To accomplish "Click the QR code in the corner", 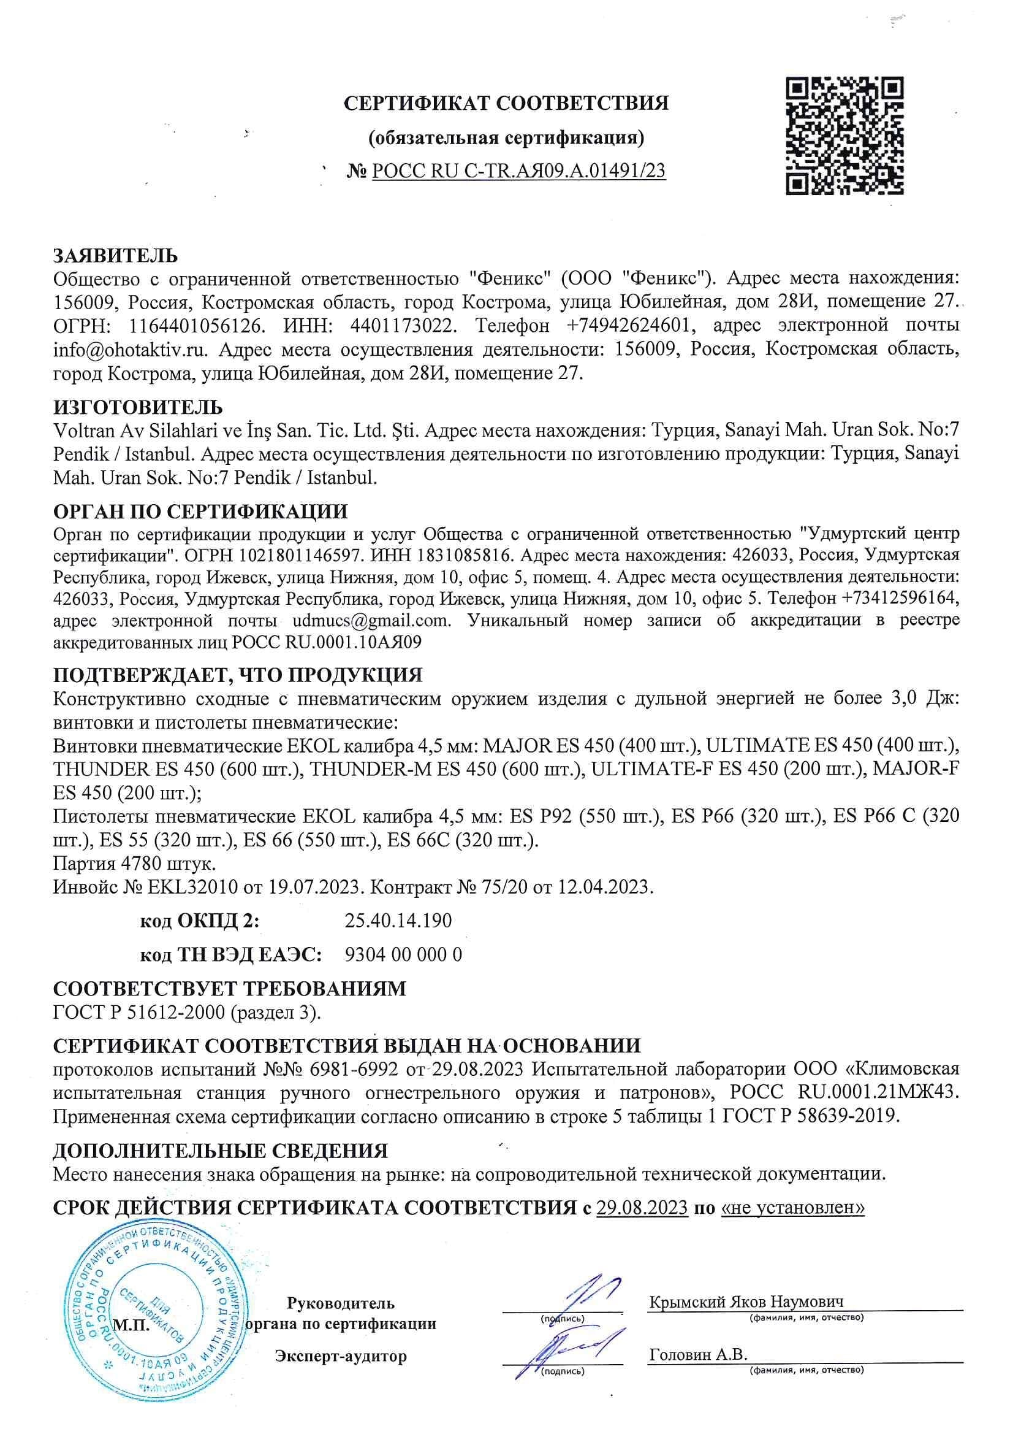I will pyautogui.click(x=844, y=136).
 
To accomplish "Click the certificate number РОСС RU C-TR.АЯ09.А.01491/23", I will pyautogui.click(x=518, y=171).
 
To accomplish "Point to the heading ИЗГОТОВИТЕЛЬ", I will pyautogui.click(x=138, y=408).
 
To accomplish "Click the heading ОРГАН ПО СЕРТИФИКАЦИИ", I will pyautogui.click(x=200, y=512).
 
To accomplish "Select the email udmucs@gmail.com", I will pyautogui.click(x=371, y=621).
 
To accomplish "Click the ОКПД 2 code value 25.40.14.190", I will pyautogui.click(x=398, y=921).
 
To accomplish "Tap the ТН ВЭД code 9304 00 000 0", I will pyautogui.click(x=403, y=954).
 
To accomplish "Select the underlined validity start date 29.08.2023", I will pyautogui.click(x=642, y=1207).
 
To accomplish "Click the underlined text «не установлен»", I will pyautogui.click(x=792, y=1207).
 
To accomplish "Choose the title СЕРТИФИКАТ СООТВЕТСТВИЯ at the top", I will pyautogui.click(x=506, y=103).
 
